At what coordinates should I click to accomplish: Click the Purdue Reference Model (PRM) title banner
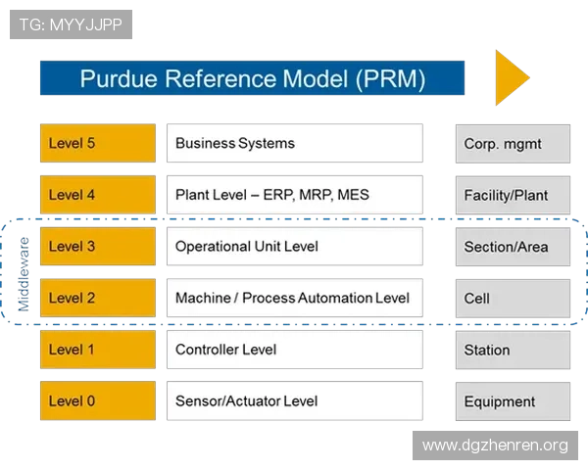(252, 78)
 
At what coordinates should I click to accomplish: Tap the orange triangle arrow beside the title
(510, 78)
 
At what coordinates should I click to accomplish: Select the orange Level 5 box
(97, 143)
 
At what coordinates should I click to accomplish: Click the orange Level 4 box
(97, 195)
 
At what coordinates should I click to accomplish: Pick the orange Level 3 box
(97, 246)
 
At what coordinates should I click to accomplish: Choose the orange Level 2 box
(97, 298)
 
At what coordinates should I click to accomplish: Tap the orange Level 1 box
(97, 350)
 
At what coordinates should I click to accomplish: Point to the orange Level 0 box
(97, 400)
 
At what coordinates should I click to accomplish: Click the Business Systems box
(294, 143)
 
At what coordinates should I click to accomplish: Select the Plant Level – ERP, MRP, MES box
(294, 195)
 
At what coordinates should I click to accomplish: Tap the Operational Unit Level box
(294, 246)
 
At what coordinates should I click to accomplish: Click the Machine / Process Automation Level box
(294, 298)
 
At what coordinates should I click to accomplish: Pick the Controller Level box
(294, 350)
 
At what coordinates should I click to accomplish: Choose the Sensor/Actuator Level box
(294, 400)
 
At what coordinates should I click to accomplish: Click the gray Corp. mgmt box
(513, 143)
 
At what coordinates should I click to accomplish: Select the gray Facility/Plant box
(513, 195)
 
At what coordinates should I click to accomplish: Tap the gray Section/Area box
(513, 246)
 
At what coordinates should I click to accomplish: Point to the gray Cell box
(513, 298)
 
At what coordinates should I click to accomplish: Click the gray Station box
(513, 350)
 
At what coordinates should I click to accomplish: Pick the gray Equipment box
(513, 400)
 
